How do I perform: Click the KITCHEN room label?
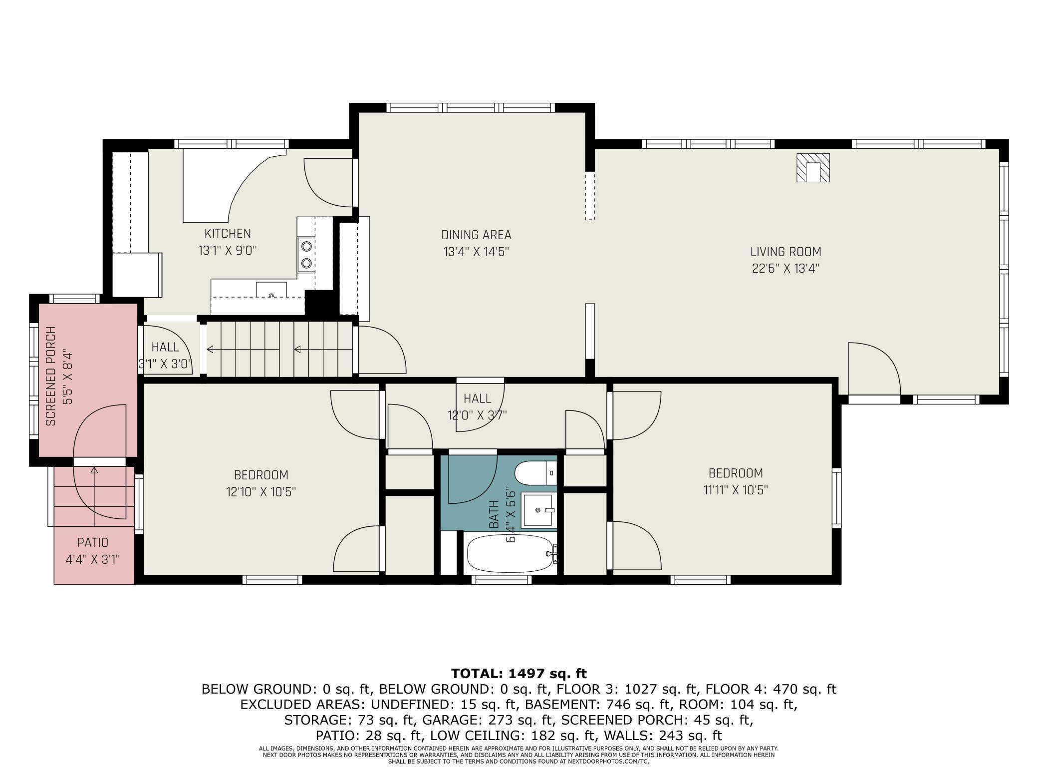[228, 234]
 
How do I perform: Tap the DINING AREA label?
[476, 235]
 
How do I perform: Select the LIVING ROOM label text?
[785, 252]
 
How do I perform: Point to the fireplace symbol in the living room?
[813, 168]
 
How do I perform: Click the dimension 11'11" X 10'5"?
[736, 490]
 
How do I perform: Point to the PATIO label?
[93, 542]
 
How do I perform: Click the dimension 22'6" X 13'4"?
[785, 268]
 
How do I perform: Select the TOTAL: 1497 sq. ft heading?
[519, 673]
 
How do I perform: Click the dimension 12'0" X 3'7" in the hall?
[477, 415]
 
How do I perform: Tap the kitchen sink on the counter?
[271, 290]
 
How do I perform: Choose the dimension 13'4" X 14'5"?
[476, 252]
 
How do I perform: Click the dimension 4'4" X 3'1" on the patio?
[93, 559]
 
